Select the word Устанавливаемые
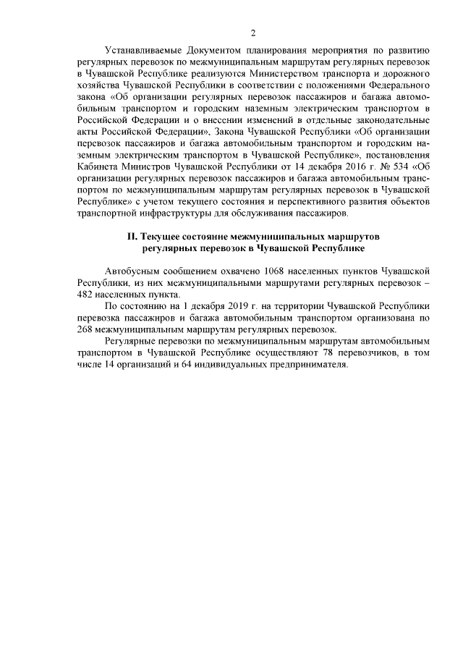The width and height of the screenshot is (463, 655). pos(142,51)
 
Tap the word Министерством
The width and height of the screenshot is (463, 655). pos(284,74)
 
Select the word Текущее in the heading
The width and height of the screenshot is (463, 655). pos(161,236)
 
